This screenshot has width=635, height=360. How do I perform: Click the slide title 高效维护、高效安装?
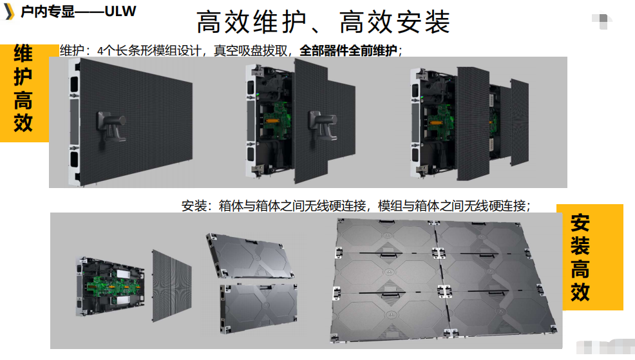pos(323,22)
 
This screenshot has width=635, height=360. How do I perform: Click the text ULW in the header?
pos(120,12)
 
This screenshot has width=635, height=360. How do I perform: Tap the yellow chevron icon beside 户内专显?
pos(9,12)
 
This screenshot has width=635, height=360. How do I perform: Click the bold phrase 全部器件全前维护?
pos(348,51)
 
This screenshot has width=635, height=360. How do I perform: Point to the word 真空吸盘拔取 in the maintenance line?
pos(251,51)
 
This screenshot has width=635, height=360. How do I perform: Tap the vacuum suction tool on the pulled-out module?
pos(323,126)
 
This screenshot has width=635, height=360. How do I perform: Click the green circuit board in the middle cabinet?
pos(278,118)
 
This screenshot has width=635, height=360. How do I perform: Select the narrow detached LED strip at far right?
pos(519,122)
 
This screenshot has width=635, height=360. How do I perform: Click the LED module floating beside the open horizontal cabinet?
pos(172,285)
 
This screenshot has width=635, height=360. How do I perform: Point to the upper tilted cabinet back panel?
pos(251,256)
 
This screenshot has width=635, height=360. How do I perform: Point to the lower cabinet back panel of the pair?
pos(258,308)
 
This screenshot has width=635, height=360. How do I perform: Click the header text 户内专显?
pos(48,12)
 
